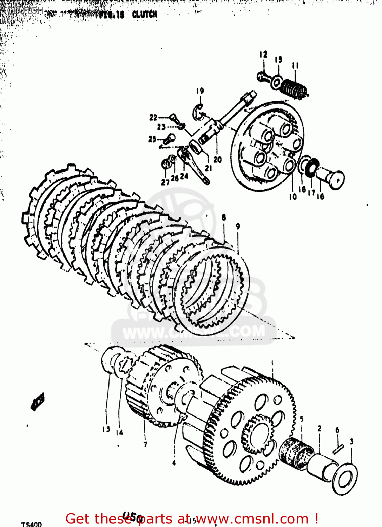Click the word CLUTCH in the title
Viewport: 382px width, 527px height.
[145, 14]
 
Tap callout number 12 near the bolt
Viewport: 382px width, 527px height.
[263, 54]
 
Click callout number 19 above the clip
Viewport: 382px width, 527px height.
[200, 91]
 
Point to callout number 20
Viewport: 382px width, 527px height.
[218, 159]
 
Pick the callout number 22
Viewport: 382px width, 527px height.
[153, 117]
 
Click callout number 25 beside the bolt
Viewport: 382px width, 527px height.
[152, 139]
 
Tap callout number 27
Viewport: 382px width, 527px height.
[165, 182]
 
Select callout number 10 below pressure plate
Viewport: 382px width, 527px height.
[292, 197]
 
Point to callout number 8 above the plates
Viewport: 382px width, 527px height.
[224, 217]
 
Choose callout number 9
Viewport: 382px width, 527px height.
[238, 227]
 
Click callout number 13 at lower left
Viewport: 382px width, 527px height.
[106, 429]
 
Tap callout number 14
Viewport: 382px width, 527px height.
[119, 432]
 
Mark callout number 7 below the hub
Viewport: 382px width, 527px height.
[145, 444]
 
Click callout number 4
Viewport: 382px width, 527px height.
[174, 463]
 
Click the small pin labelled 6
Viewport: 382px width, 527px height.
[338, 449]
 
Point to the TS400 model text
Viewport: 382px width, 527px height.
[31, 524]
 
